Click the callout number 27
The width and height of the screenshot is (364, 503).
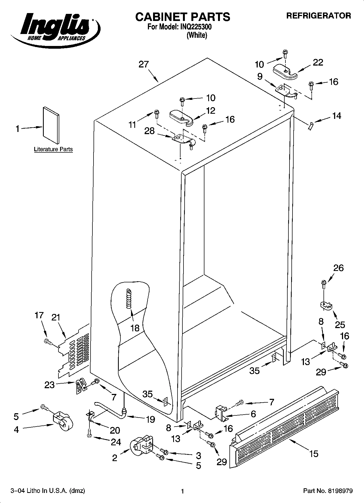144,64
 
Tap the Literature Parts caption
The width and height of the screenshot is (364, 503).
53,149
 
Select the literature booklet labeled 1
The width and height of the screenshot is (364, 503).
51,125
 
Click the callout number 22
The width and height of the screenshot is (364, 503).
318,62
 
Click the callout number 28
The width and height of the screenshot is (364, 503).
150,131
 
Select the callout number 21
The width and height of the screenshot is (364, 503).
56,317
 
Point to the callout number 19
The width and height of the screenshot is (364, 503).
150,419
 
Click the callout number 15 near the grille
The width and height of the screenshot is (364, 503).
313,453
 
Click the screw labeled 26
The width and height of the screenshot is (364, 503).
323,284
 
